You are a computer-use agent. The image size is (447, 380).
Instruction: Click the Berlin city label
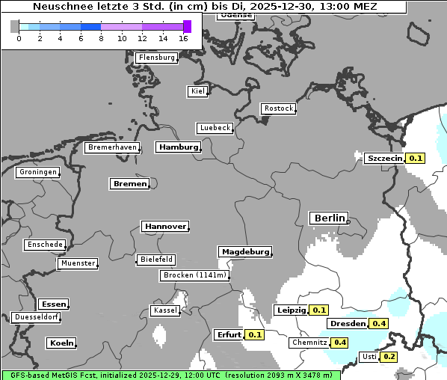tap(329, 218)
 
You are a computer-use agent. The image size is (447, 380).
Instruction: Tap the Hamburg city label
tap(178, 147)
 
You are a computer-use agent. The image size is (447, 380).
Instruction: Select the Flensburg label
tap(157, 58)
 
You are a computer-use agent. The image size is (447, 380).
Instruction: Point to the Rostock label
tap(278, 108)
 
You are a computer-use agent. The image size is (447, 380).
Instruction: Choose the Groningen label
tap(37, 172)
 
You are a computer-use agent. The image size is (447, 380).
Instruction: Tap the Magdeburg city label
tap(245, 252)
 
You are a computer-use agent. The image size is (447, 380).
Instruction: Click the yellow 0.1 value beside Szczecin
tap(416, 158)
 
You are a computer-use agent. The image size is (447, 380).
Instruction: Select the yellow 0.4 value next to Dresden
tap(379, 324)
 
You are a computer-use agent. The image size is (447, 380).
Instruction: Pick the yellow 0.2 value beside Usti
tap(389, 357)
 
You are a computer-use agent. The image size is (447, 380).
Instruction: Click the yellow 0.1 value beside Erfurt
tap(255, 334)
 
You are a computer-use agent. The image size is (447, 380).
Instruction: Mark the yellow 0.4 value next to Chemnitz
tap(340, 343)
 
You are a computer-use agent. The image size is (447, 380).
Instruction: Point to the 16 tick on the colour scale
tap(183, 38)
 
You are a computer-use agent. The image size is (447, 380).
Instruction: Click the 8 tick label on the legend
tap(101, 38)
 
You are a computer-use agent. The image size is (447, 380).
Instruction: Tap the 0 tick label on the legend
tap(18, 38)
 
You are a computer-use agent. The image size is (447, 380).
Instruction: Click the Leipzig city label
tap(292, 310)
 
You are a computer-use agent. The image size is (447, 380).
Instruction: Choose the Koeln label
tap(61, 343)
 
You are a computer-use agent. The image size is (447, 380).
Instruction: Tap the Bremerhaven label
tap(111, 147)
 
